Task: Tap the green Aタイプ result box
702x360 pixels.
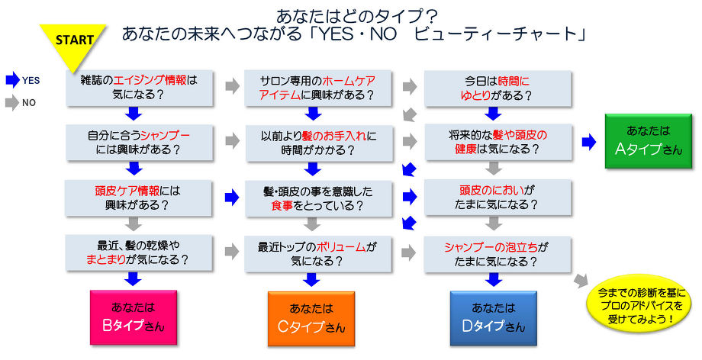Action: (x=649, y=141)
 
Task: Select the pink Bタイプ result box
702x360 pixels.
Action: (x=134, y=317)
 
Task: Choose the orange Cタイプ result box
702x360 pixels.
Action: (x=311, y=319)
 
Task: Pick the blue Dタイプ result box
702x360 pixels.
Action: (x=494, y=318)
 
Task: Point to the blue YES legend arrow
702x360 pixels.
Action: (x=12, y=80)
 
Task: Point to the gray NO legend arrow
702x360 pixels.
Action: (x=12, y=102)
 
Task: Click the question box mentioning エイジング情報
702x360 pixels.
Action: (x=139, y=88)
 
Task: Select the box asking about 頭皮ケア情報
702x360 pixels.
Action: (x=138, y=198)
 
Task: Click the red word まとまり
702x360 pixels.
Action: (x=105, y=259)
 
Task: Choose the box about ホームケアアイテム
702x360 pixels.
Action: (x=317, y=88)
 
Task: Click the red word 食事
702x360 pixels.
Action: (x=282, y=205)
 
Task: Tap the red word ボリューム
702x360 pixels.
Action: (x=341, y=246)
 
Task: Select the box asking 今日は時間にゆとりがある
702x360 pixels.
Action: (x=498, y=88)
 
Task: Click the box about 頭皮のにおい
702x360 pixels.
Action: (x=498, y=198)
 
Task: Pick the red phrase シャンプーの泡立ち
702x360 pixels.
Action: (x=491, y=247)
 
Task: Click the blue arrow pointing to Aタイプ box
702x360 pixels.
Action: (x=589, y=142)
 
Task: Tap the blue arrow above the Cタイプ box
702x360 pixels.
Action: (x=311, y=280)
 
